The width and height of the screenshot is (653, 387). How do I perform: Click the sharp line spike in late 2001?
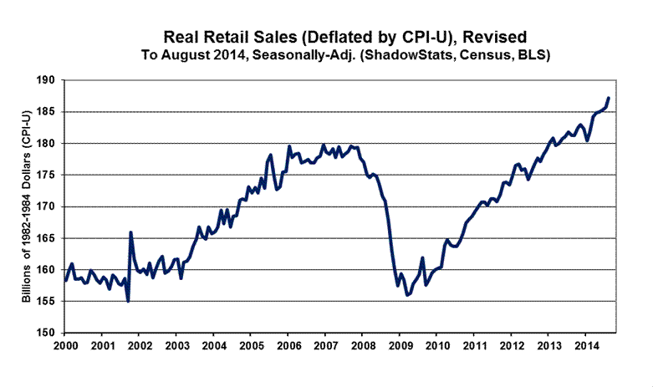point(131,232)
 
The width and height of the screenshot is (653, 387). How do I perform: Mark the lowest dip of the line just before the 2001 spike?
point(128,301)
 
